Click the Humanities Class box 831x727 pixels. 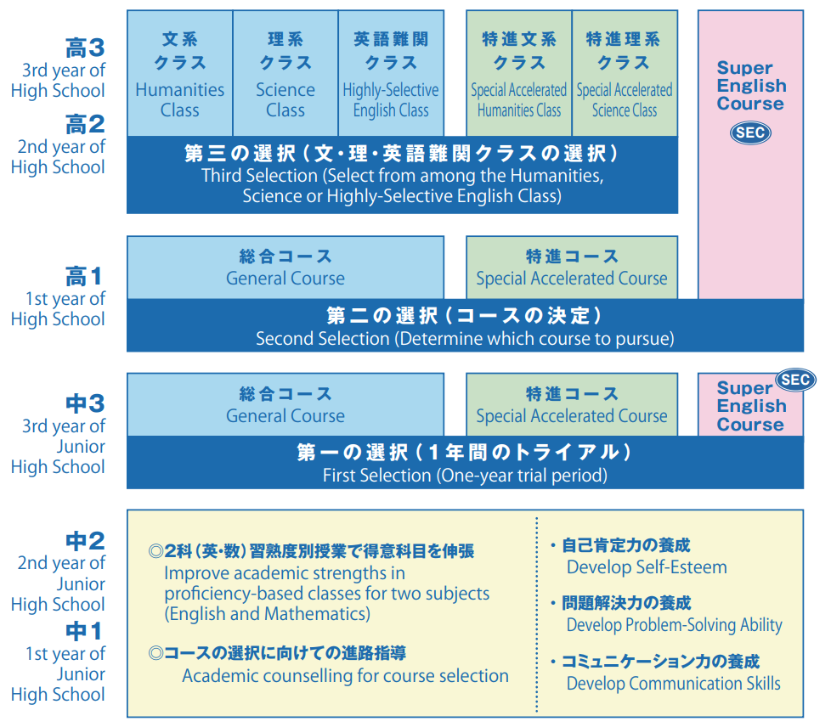(x=179, y=74)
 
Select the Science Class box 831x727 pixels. (x=285, y=74)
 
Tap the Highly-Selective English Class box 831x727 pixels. (x=390, y=74)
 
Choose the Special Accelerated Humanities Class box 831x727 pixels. (x=518, y=74)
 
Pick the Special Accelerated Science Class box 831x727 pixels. (x=625, y=74)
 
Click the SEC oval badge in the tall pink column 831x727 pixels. (x=751, y=132)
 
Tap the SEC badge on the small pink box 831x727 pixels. (x=794, y=380)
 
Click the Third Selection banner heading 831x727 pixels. (x=401, y=154)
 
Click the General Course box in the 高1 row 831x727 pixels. (x=285, y=268)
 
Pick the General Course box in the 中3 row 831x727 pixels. (x=285, y=405)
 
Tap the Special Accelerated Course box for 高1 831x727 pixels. (x=572, y=268)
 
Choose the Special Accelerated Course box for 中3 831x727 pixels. (x=572, y=405)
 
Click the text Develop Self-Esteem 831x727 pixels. (x=647, y=567)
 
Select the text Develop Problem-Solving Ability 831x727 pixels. (x=674, y=625)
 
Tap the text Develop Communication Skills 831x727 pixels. (x=673, y=683)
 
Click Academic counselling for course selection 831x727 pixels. (x=345, y=676)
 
